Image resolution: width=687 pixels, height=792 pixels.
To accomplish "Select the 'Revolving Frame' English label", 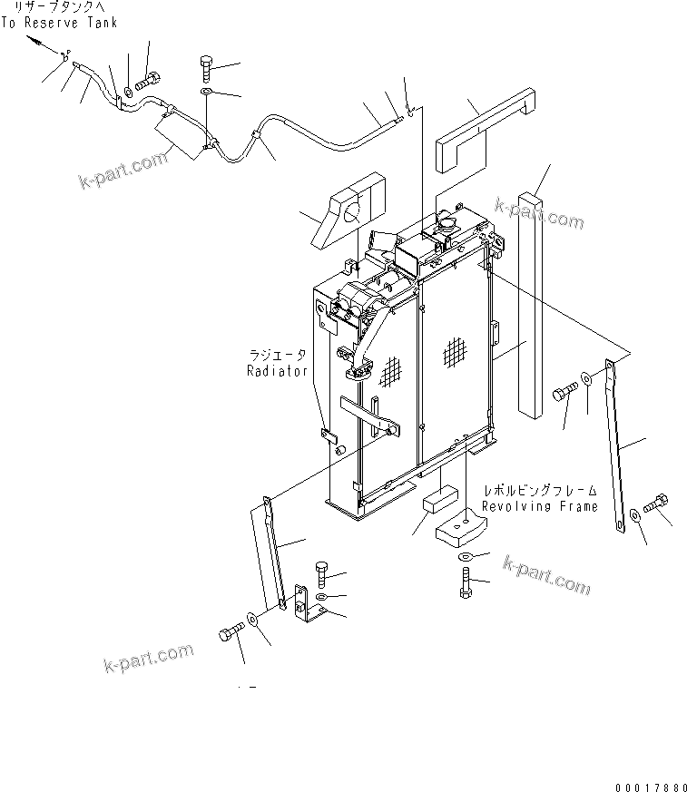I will pyautogui.click(x=539, y=506).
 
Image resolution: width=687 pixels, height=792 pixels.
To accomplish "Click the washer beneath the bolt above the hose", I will pyautogui.click(x=206, y=92).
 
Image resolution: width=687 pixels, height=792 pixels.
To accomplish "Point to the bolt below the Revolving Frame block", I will pyautogui.click(x=466, y=582).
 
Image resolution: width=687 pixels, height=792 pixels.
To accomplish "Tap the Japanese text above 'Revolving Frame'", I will pyautogui.click(x=539, y=490).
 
